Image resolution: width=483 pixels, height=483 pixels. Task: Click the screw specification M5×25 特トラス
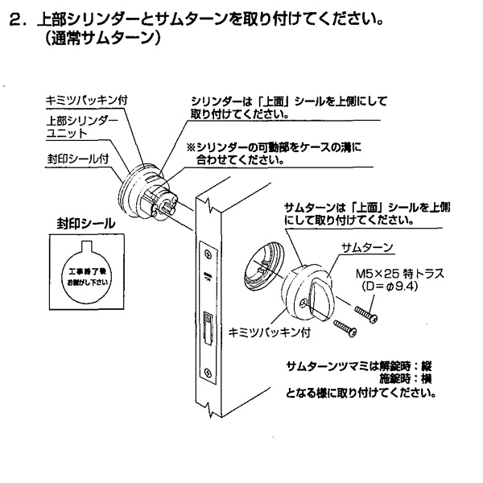pos(389,274)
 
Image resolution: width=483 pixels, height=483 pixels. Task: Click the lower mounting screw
pos(341,327)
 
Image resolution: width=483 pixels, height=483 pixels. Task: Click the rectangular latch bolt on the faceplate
pos(208,327)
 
